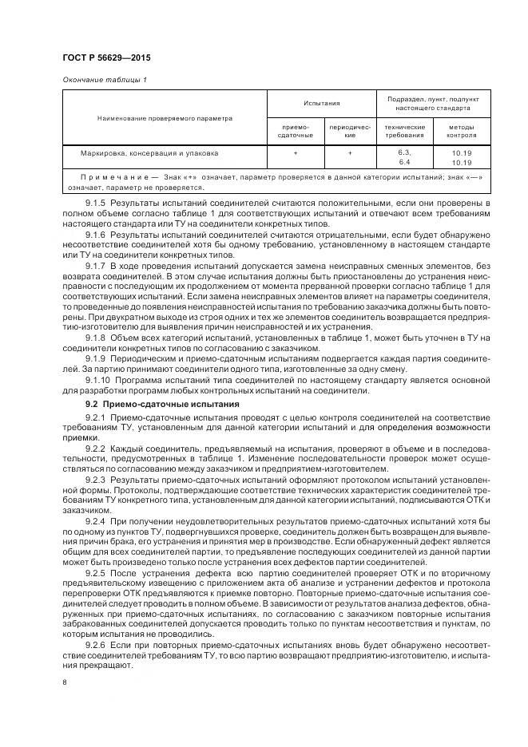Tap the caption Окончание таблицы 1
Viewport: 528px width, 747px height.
(104, 80)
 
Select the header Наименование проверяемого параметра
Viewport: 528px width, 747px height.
(165, 118)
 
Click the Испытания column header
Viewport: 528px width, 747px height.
(321, 103)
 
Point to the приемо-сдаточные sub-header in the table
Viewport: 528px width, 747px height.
(296, 131)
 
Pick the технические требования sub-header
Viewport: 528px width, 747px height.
(404, 131)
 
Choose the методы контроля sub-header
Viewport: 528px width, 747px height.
(462, 131)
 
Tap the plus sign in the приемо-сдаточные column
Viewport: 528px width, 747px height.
(296, 152)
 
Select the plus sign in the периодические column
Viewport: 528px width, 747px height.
(350, 152)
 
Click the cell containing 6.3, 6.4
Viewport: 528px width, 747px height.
(404, 156)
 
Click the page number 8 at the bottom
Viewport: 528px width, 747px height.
(65, 683)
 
